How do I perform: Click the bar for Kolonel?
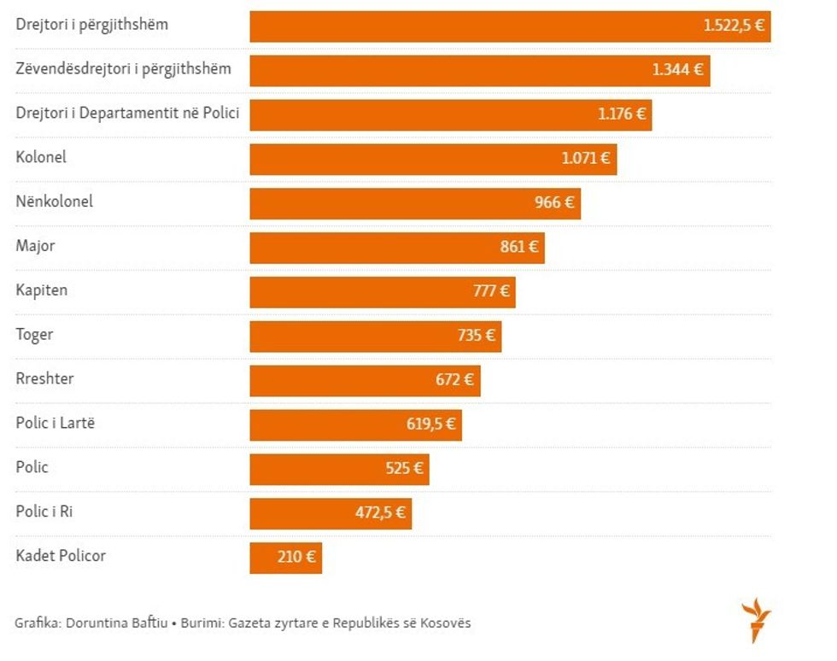(x=433, y=159)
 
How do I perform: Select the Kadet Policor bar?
(x=285, y=559)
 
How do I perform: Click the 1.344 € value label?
(x=678, y=70)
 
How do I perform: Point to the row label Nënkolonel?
(x=55, y=202)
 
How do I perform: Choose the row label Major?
(x=35, y=246)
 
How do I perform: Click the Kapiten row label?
(x=41, y=290)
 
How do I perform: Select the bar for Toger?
(x=375, y=336)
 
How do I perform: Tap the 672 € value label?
(x=454, y=380)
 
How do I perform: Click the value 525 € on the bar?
(x=404, y=469)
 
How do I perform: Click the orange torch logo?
(x=756, y=620)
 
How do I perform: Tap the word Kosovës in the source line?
(x=443, y=623)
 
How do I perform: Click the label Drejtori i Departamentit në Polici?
(x=127, y=113)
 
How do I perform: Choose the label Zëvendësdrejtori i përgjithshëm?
(x=123, y=68)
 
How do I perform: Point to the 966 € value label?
(x=554, y=203)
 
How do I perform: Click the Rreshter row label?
(x=45, y=378)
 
